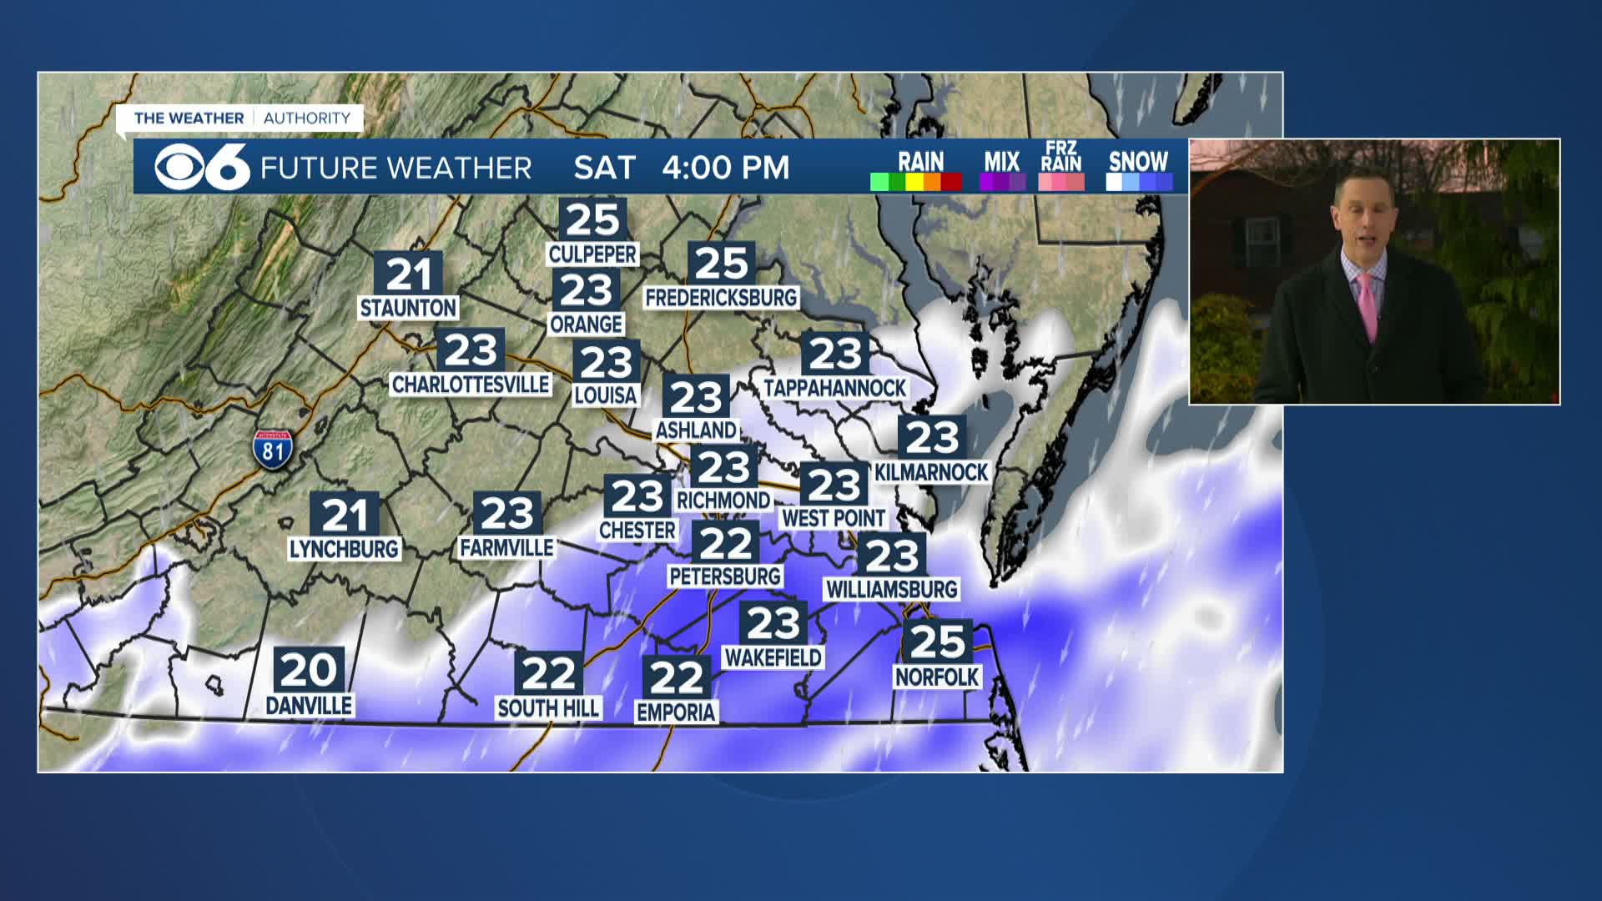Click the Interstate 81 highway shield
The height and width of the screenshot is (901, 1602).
click(x=273, y=450)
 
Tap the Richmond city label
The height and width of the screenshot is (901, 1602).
click(x=723, y=501)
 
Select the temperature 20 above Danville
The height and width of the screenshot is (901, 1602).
click(x=309, y=669)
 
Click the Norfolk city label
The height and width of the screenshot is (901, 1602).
click(x=937, y=677)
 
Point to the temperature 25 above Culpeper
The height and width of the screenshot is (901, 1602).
click(x=592, y=220)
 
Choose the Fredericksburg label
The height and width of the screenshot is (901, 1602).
click(x=722, y=298)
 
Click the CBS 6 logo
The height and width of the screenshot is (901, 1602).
click(x=203, y=167)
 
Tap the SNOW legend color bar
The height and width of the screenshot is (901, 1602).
click(x=1139, y=182)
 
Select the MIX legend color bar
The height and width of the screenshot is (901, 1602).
click(x=1002, y=182)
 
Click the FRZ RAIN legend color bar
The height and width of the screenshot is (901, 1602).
click(x=1061, y=182)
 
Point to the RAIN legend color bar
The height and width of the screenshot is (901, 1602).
click(x=916, y=182)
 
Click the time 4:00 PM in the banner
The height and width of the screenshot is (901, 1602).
click(x=725, y=168)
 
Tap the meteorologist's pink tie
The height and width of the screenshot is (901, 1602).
click(x=1368, y=305)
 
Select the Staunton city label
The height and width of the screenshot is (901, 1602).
click(x=408, y=309)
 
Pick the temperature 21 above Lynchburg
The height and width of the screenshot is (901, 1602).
click(x=345, y=516)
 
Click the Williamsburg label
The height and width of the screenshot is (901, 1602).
click(x=892, y=590)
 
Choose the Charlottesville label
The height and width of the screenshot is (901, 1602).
click(x=471, y=385)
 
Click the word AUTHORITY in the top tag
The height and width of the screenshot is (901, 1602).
click(x=307, y=118)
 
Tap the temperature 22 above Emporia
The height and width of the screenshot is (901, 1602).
click(x=677, y=678)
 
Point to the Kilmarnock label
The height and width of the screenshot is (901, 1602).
click(x=931, y=473)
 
